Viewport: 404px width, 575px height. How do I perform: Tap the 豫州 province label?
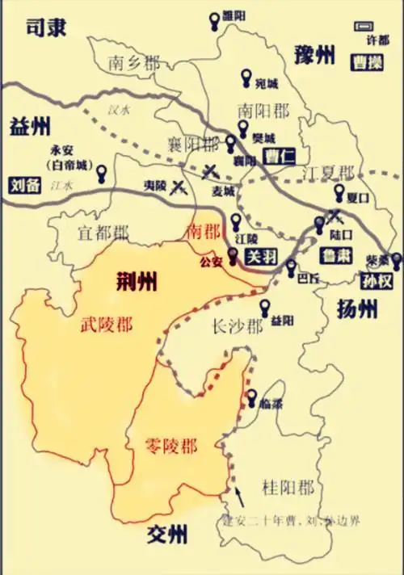tap(313, 56)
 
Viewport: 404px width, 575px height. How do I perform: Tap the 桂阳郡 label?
tap(288, 487)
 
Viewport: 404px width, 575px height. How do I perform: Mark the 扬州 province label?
tap(356, 308)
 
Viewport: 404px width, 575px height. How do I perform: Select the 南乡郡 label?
tap(134, 62)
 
